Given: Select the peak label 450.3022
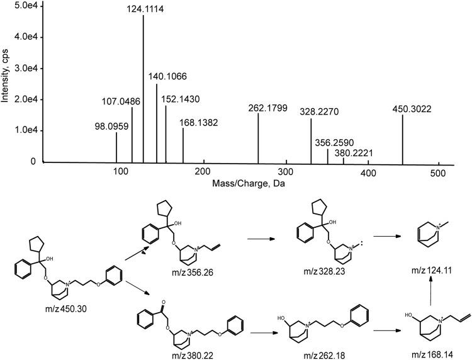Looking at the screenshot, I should [x=402, y=108].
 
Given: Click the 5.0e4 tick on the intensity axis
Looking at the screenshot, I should [x=25, y=6].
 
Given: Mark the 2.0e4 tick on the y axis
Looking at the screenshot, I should [x=25, y=99].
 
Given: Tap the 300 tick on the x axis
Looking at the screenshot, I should [x=286, y=172].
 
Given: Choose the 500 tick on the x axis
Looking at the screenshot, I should [x=439, y=172].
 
